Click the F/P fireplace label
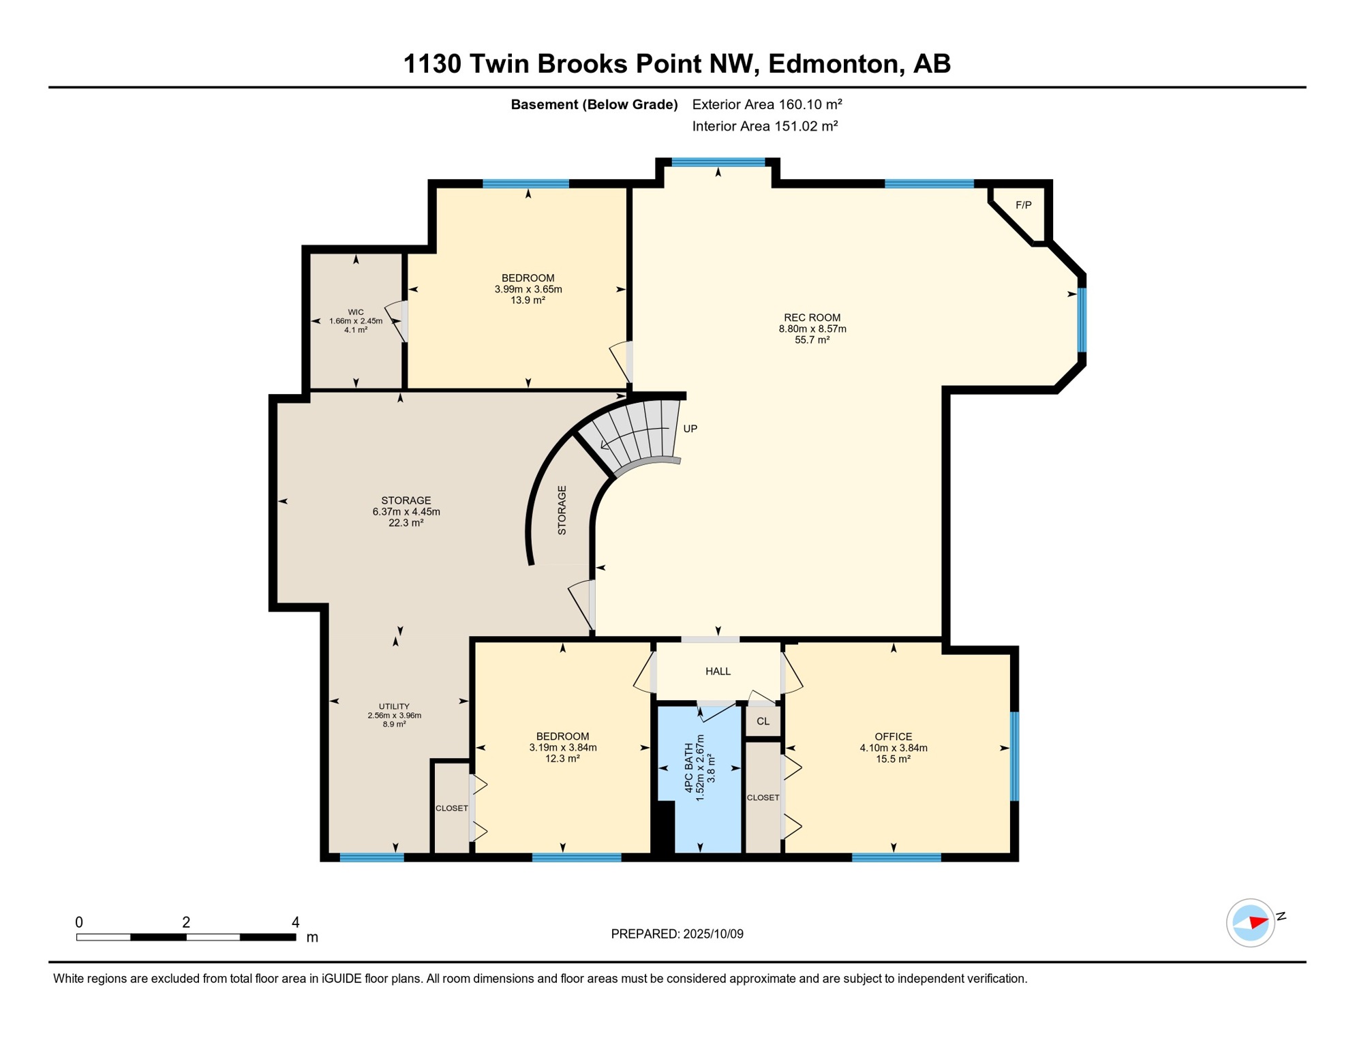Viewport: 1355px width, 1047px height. (x=1023, y=205)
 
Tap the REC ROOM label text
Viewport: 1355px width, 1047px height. (x=812, y=318)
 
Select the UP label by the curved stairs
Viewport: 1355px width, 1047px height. (x=690, y=429)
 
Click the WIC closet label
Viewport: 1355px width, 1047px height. (x=356, y=312)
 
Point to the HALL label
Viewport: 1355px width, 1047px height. (x=718, y=671)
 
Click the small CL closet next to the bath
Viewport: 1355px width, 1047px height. (x=763, y=721)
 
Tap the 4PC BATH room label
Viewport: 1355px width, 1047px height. (x=689, y=768)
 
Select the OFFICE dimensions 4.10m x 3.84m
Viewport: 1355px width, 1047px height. (x=893, y=748)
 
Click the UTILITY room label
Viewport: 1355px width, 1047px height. (x=394, y=707)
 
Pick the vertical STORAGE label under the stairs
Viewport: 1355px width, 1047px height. (x=562, y=510)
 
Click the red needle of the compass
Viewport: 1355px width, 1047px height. (x=1258, y=922)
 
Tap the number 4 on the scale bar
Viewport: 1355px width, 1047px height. (x=295, y=922)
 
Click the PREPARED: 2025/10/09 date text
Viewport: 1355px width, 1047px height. (x=677, y=934)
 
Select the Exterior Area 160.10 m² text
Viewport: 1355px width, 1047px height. (x=767, y=104)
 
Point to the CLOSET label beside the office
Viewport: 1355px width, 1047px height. (x=763, y=798)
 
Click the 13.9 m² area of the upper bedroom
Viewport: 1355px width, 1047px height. (x=528, y=300)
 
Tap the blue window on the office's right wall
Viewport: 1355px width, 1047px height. (x=1014, y=756)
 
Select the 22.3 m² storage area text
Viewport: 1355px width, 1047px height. (x=406, y=523)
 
